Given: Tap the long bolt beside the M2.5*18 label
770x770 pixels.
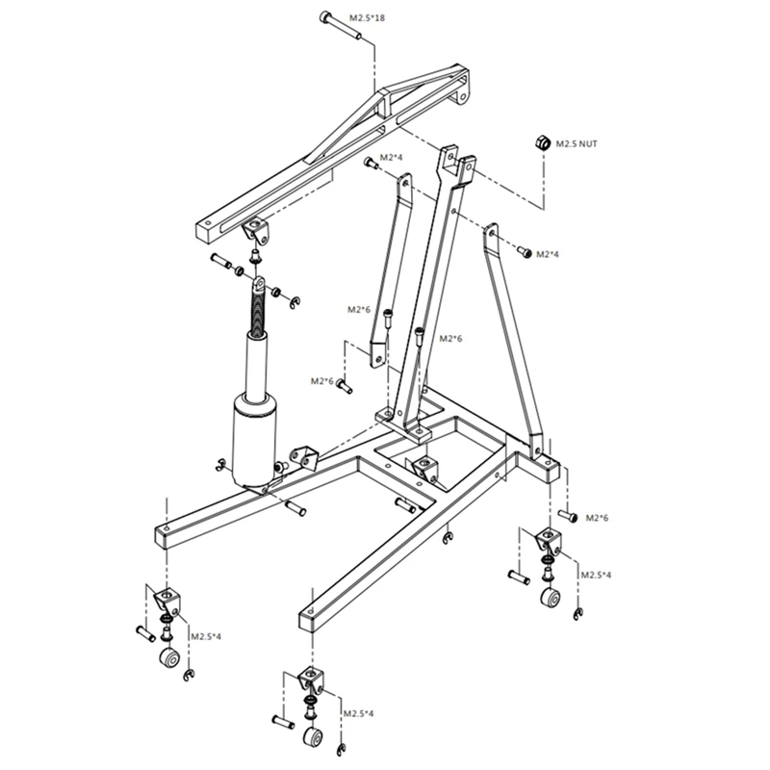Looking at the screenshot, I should coord(341,26).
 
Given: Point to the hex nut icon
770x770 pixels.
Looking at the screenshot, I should coord(543,142).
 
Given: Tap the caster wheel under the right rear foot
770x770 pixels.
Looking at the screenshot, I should coord(552,599).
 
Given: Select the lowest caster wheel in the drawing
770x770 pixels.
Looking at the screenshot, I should coord(313,737).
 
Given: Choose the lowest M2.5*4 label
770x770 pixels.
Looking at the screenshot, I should coord(358,713).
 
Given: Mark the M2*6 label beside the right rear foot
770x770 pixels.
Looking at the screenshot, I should coord(598,518).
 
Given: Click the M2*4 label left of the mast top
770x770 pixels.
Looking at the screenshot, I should coord(391,157).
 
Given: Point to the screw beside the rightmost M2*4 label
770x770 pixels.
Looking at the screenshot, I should coord(525,252).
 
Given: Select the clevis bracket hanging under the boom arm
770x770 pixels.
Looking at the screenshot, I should coord(256,231).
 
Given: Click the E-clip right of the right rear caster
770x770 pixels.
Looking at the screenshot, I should coord(577,614).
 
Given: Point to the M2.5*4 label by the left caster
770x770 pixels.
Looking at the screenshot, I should coord(205,637).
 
